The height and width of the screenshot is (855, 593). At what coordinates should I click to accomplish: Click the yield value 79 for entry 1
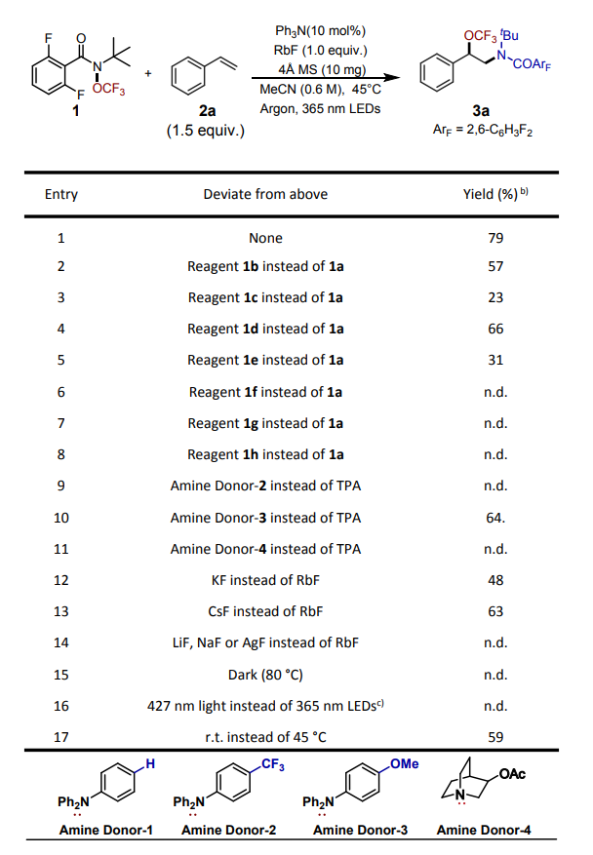495,238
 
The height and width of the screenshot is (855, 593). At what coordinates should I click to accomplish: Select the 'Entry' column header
61,194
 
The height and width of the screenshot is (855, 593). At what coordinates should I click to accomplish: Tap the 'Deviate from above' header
265,194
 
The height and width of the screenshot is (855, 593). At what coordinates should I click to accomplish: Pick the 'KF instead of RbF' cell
265,579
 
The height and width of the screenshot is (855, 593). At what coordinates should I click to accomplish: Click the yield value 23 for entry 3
495,298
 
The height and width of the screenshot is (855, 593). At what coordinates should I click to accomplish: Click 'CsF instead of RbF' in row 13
265,611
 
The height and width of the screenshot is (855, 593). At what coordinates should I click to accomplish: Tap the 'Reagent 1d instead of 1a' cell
265,330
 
